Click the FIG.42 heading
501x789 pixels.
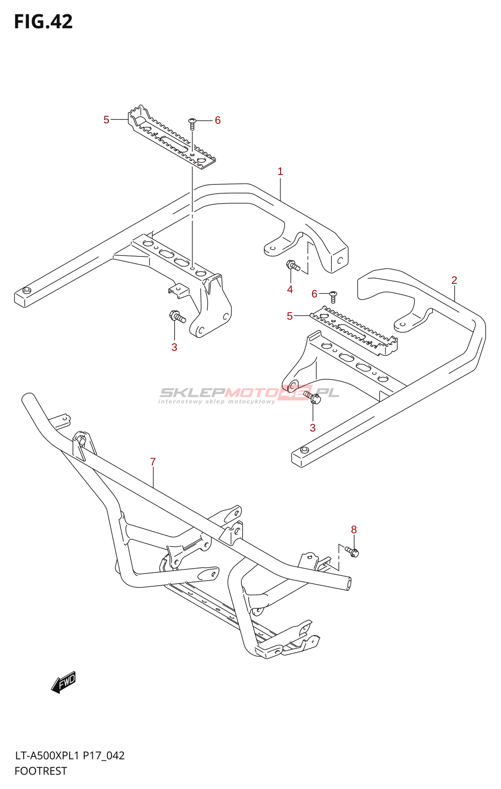(43, 22)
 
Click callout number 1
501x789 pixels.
(280, 172)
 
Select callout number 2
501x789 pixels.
(454, 280)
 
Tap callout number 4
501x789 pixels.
(290, 289)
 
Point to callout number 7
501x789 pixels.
(153, 462)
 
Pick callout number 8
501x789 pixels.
(354, 530)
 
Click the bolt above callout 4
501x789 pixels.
(293, 266)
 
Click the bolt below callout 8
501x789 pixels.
(352, 551)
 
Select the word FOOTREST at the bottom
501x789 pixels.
(41, 771)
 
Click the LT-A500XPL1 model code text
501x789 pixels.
(47, 756)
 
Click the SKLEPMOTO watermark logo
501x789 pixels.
(249, 394)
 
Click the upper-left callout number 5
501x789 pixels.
(106, 120)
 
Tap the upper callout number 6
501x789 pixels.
(217, 120)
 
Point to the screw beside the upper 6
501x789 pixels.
(192, 123)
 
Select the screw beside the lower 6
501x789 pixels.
(333, 296)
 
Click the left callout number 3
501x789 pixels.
(174, 347)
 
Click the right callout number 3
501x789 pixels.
(313, 428)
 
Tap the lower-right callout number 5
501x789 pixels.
(289, 316)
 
